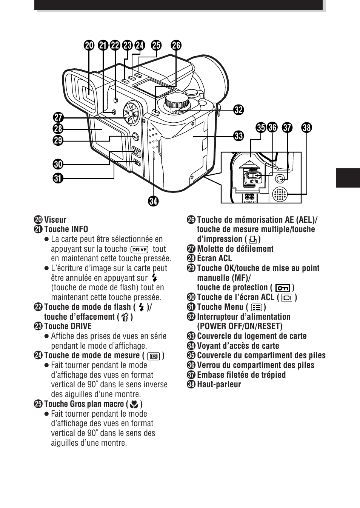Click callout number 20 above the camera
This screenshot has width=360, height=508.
89,46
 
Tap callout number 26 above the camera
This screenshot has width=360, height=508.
176,46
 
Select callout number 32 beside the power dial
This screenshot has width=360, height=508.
238,110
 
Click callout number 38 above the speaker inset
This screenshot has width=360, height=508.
306,128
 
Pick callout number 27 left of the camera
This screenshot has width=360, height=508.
58,117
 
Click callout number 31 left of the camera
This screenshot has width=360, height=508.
58,178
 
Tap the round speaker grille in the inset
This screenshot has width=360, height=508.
280,194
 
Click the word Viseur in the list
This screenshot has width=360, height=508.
55,220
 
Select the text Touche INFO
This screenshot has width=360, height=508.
66,229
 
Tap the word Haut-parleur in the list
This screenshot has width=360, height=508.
219,385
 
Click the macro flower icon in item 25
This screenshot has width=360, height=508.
134,405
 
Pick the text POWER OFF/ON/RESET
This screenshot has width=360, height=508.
240,326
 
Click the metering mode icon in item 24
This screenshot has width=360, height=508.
154,356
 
